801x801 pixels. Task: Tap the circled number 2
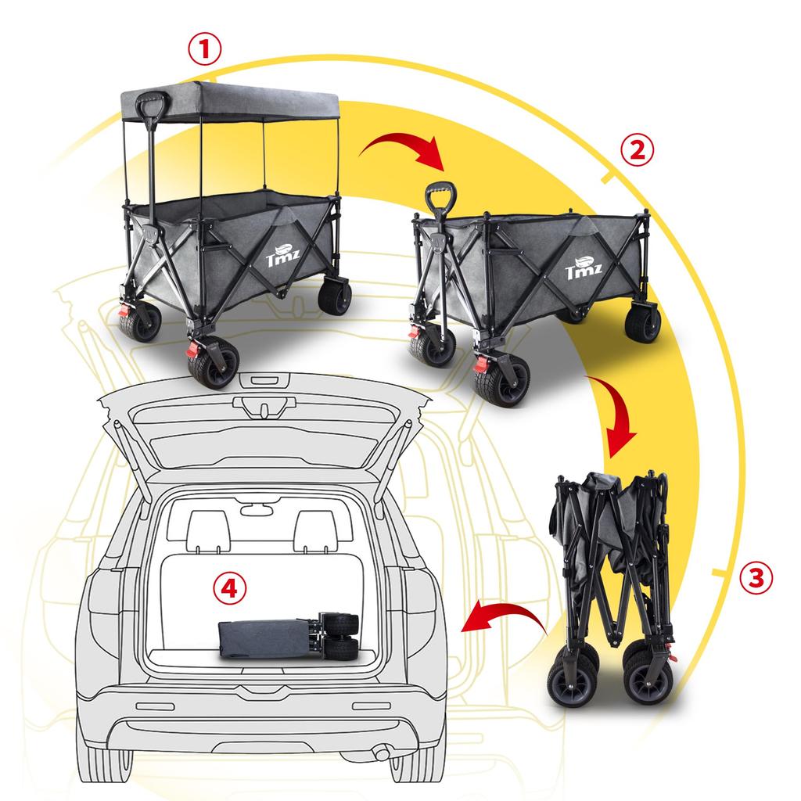point(637,151)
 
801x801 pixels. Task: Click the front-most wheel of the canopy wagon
point(214,361)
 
